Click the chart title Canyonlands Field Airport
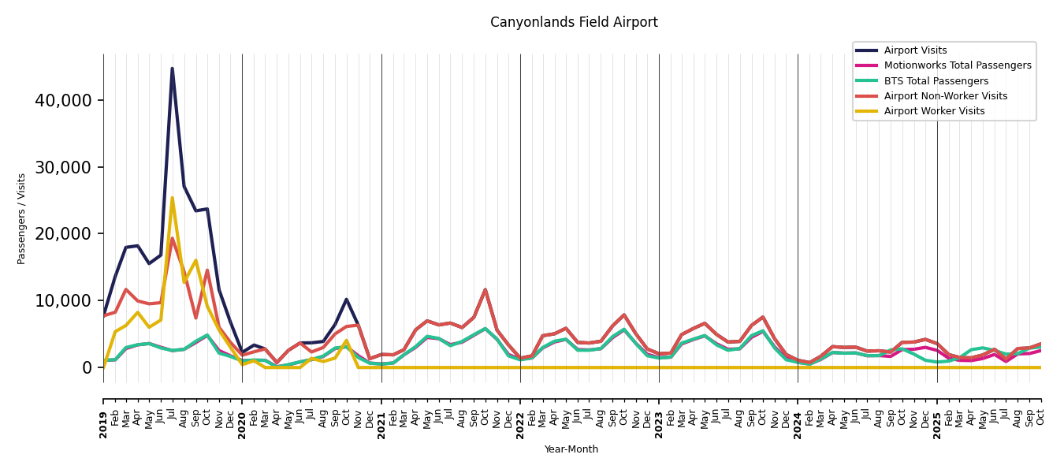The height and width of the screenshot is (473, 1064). coord(574,23)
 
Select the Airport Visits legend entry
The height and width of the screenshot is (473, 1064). coord(915,50)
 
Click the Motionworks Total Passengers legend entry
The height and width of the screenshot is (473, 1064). coord(957,65)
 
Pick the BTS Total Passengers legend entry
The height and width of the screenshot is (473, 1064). coord(936,81)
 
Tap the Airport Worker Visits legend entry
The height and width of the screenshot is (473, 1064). coord(934,111)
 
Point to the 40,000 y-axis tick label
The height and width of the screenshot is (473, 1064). coord(63,101)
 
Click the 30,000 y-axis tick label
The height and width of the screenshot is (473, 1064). coord(63,167)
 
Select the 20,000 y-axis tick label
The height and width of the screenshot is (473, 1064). coord(63,234)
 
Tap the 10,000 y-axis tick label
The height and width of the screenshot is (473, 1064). coord(63,301)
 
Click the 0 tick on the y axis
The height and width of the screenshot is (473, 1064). coord(86,367)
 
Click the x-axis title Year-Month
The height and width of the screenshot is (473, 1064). coord(571,449)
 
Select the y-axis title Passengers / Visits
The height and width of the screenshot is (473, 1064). coord(22,218)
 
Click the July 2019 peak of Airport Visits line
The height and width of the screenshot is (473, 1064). coord(172,69)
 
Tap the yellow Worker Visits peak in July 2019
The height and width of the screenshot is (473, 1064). coord(172,198)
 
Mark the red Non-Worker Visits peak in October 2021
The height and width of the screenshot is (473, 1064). coord(485,289)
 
